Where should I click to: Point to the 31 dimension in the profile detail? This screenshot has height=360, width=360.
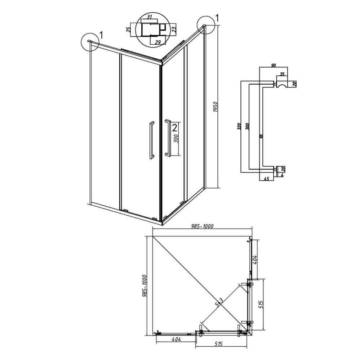click(x=149, y=17)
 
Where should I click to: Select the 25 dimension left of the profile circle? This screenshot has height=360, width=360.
click(x=129, y=29)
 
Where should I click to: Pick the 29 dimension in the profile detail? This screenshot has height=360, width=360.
click(x=157, y=42)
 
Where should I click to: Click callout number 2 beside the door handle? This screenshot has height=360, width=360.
click(x=175, y=127)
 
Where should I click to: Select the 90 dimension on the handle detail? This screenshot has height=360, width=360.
click(x=273, y=65)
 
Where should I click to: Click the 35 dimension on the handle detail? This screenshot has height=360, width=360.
click(x=282, y=74)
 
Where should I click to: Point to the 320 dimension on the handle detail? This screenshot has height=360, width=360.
click(x=239, y=126)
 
